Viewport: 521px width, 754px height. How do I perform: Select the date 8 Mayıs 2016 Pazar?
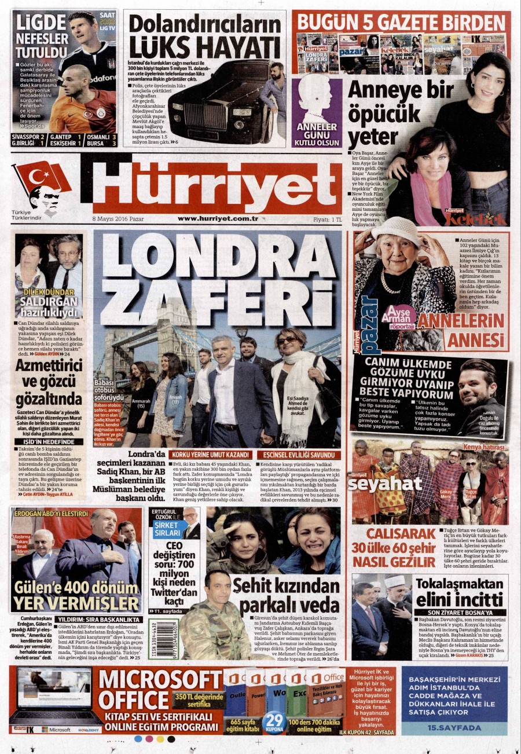pyautogui.click(x=119, y=218)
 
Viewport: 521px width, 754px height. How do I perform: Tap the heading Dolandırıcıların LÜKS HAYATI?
pyautogui.click(x=204, y=36)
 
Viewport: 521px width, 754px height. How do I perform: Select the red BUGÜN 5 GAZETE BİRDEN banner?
pyautogui.click(x=401, y=23)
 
